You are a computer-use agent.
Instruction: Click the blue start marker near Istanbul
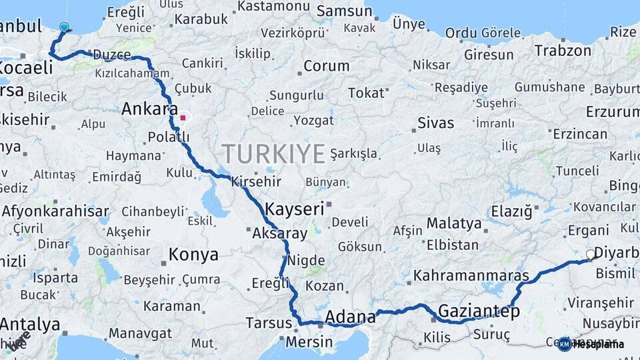point(64,27)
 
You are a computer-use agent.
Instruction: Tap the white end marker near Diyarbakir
point(590,255)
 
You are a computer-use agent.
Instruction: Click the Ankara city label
point(149,109)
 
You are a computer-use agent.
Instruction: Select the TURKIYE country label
point(273,154)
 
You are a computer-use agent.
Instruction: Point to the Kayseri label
point(294,209)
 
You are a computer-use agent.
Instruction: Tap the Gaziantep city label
point(479,311)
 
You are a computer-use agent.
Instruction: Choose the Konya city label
point(193,255)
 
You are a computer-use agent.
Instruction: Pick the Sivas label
point(435,123)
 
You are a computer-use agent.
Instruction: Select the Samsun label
point(344,11)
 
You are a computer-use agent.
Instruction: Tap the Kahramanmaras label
point(471,275)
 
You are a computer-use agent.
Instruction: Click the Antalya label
point(30,325)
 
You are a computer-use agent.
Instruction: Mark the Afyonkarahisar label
point(55,213)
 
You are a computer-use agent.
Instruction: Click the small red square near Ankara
point(183,118)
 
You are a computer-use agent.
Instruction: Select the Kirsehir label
point(256,181)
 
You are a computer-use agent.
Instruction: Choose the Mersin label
point(309,343)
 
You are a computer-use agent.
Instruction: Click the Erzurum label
point(613,111)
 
